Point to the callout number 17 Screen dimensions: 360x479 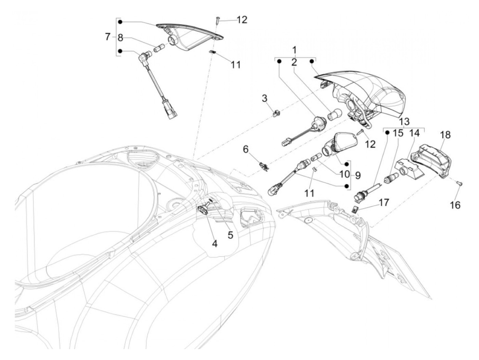click(x=384, y=203)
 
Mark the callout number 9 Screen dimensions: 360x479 click(x=358, y=175)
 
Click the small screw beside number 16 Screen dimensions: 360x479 click(x=458, y=184)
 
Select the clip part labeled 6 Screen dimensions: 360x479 click(x=263, y=167)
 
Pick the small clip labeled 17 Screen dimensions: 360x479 click(x=356, y=210)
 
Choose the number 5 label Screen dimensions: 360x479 click(x=230, y=235)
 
